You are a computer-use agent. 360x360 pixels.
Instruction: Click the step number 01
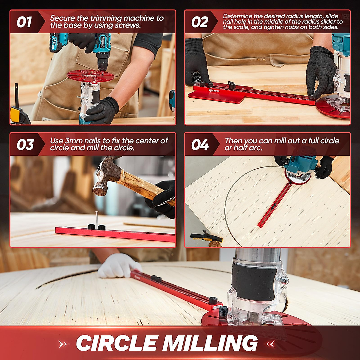coord(24,22)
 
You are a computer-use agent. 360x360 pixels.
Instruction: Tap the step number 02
coord(199,22)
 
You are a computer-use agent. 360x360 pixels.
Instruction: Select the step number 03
coord(25,145)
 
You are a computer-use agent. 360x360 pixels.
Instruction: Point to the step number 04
coord(200,145)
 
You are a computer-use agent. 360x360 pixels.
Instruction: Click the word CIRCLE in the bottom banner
coord(117,343)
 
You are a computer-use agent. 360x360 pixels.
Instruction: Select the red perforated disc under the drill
coord(90,75)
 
